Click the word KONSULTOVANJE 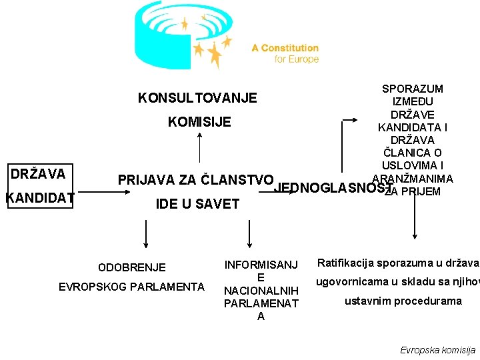coord(197,98)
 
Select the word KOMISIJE coord(199,122)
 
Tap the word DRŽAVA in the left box coord(38,174)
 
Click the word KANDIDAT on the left coord(39,198)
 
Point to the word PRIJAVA coord(145,180)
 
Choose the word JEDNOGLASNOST coord(331,188)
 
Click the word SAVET coord(219,204)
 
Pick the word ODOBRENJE coord(132,267)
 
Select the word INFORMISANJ coord(261,265)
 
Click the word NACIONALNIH coord(261,291)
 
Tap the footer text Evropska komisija coord(437,350)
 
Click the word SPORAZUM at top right coord(413,89)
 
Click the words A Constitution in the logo coord(285,48)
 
